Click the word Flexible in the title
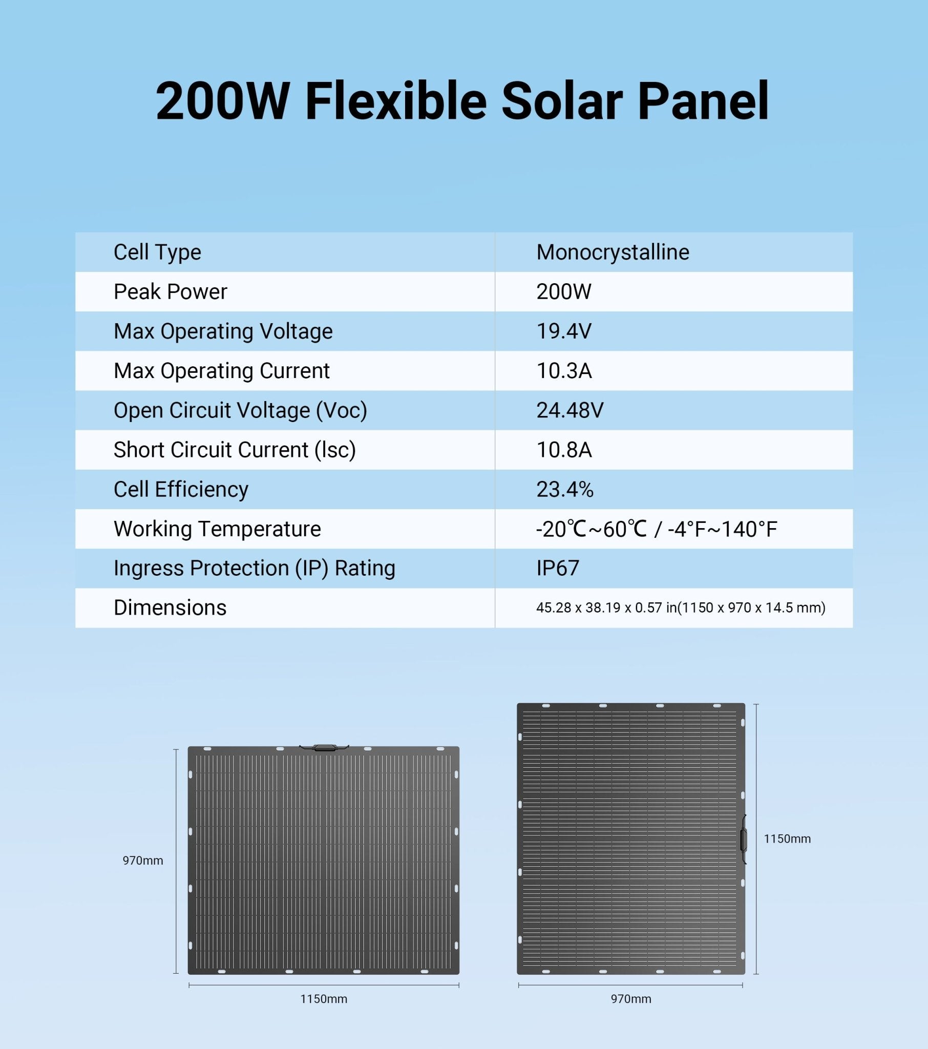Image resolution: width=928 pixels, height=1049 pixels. [x=396, y=101]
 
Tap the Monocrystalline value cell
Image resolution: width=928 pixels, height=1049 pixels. [x=613, y=252]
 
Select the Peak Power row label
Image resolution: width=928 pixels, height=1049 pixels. [x=170, y=291]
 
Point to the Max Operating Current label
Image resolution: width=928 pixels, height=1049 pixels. [x=221, y=370]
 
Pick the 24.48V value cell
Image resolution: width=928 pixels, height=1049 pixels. [x=570, y=410]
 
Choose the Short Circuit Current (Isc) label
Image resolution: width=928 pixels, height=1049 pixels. [x=235, y=450]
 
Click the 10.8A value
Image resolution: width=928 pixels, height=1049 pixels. [x=563, y=450]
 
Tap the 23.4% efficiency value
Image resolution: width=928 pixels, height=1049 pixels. [x=564, y=489]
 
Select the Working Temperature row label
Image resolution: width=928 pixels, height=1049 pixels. [x=217, y=529]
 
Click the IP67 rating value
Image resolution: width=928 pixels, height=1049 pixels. [x=557, y=568]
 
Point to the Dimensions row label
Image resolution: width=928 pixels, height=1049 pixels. [x=170, y=607]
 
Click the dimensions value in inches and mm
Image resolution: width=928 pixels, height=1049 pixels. [x=681, y=607]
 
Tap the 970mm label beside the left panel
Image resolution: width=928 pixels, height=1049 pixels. [x=143, y=861]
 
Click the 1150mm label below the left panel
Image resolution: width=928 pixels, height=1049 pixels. [x=323, y=999]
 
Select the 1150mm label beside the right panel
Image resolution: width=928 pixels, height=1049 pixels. [x=787, y=838]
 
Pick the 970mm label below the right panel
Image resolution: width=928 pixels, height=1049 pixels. [x=631, y=999]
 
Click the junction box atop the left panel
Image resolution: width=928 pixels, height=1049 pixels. [x=324, y=748]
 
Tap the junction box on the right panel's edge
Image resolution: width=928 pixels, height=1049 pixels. [x=743, y=839]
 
